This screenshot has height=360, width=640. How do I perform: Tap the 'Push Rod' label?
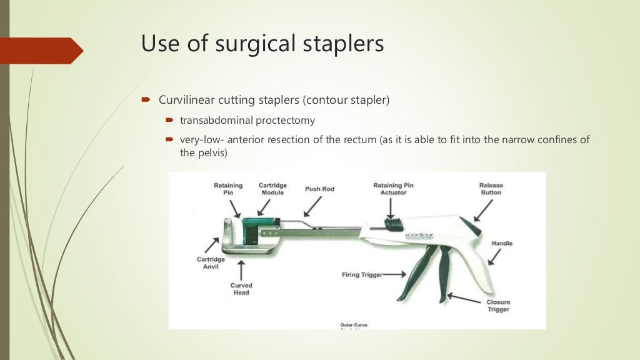pos(320,189)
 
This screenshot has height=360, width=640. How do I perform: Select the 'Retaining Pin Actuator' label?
pos(393,189)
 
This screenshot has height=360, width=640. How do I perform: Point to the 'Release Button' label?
pos(491,189)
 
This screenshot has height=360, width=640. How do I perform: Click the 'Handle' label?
pos(502,242)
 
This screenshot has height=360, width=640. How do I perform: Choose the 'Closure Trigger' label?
pos(498,306)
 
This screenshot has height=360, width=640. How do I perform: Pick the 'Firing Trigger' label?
pos(362,274)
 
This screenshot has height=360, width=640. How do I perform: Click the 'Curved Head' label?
pos(241,289)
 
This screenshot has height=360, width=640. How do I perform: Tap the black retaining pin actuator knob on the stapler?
pos(392,223)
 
